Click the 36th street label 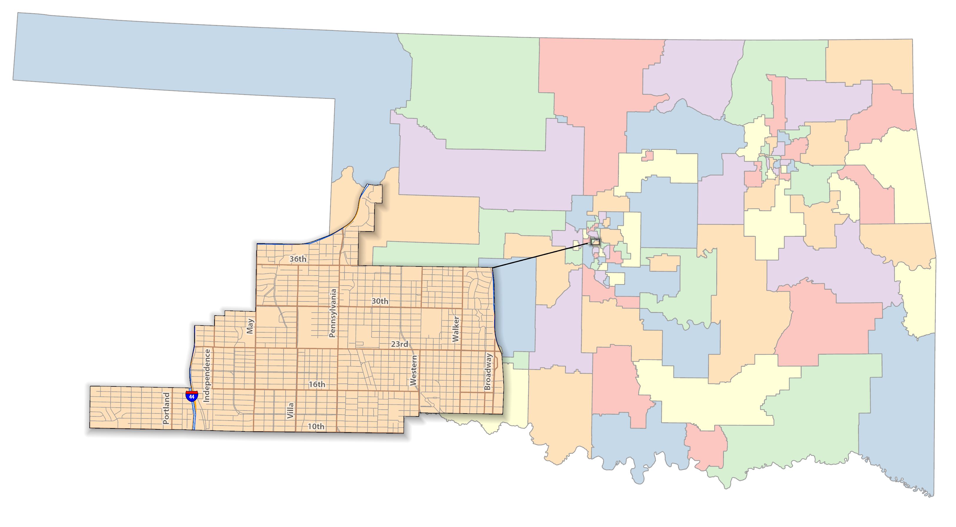[298, 259]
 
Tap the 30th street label [380, 301]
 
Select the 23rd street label [399, 344]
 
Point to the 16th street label [317, 384]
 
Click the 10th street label [316, 426]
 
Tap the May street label [250, 326]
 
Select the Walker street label [456, 329]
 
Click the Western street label [413, 370]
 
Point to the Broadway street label [488, 371]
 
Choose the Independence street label [207, 376]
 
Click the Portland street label [166, 408]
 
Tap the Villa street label [290, 411]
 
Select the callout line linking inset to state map [542, 255]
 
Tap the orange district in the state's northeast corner [868, 63]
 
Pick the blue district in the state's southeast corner [898, 408]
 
